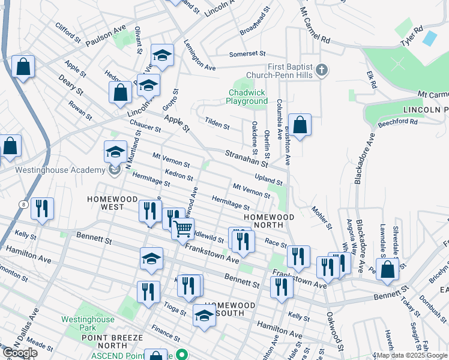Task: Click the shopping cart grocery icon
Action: pyautogui.click(x=183, y=229)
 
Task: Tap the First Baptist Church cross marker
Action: pyautogui.click(x=321, y=71)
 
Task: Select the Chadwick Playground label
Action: pyautogui.click(x=247, y=97)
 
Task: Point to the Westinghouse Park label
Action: pyautogui.click(x=88, y=324)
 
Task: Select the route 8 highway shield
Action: pyautogui.click(x=22, y=205)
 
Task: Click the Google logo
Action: pyautogui.click(x=19, y=353)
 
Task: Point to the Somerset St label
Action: pyautogui.click(x=247, y=54)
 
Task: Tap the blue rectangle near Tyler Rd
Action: pyautogui.click(x=429, y=38)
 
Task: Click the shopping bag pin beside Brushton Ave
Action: pyautogui.click(x=300, y=125)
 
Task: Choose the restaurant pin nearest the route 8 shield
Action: pyautogui.click(x=42, y=209)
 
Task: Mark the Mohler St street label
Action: pyautogui.click(x=321, y=218)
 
